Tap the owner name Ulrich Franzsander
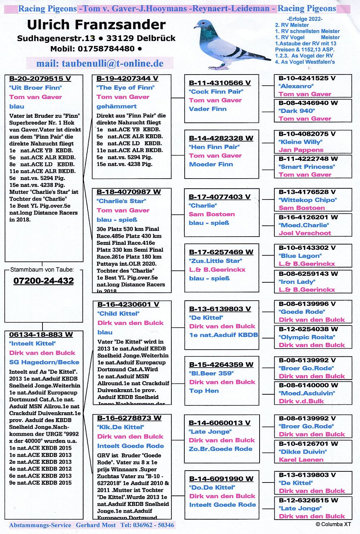point(96,24)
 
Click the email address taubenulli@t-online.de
point(100,63)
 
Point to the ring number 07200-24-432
point(44,281)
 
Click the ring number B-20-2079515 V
point(40,78)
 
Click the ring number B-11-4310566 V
point(220,83)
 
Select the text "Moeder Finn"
point(211,164)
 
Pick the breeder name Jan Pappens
point(301,150)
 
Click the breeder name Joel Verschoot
point(305,233)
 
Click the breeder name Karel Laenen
point(301,459)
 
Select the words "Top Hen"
point(204,391)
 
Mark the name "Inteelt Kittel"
point(32,344)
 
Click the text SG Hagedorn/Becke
point(44,362)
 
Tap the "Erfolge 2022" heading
point(305,19)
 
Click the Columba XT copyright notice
point(333,524)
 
